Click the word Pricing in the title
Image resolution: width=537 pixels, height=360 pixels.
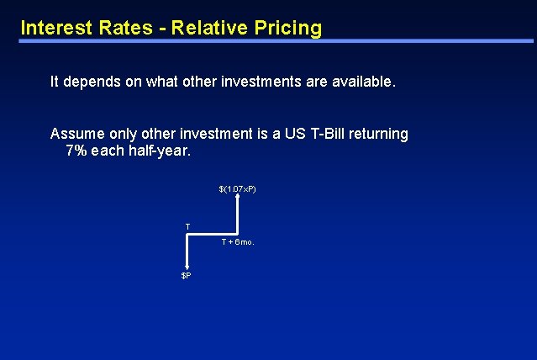tap(288, 28)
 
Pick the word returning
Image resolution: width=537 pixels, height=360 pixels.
tap(380, 134)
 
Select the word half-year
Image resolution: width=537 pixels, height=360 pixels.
tap(163, 151)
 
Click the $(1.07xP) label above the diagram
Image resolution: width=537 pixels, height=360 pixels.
tap(238, 188)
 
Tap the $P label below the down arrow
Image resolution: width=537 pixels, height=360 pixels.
tap(187, 276)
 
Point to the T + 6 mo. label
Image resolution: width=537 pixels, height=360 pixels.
tap(237, 242)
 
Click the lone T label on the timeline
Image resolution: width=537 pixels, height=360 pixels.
tap(187, 225)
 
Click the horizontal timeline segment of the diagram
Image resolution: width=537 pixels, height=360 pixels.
tap(213, 232)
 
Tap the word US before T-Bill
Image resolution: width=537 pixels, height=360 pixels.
tap(297, 134)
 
